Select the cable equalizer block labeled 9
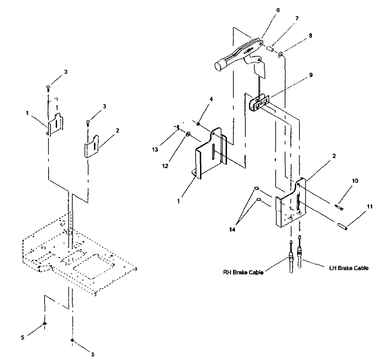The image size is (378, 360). click(x=259, y=102)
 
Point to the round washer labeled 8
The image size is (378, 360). click(x=280, y=55)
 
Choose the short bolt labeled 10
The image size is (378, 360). click(x=339, y=207)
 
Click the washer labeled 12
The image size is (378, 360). click(x=188, y=133)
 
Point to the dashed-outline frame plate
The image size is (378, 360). click(x=81, y=256)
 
